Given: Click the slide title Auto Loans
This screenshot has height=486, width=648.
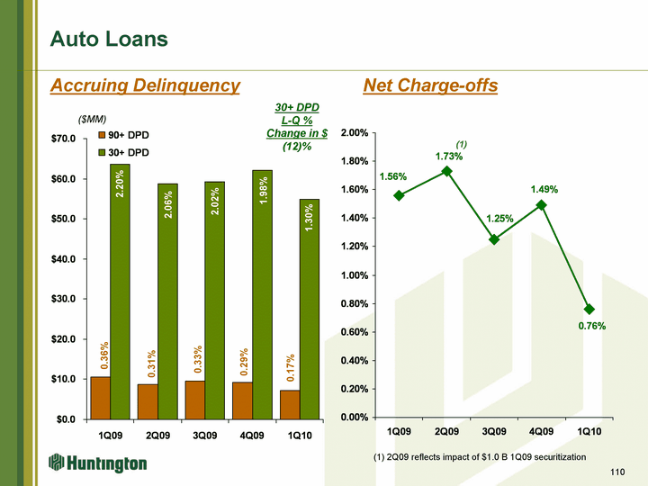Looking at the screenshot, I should point(109,39).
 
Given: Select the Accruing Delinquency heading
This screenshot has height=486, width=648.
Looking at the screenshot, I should point(146,85).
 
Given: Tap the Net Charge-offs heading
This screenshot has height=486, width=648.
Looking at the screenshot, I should point(430,85).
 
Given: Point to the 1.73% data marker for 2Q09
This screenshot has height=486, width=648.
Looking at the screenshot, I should point(446,171).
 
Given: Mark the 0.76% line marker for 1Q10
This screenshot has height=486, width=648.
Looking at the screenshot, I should point(589,309).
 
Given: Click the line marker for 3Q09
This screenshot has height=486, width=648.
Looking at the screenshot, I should point(494,239).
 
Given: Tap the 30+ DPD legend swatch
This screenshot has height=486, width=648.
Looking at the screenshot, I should point(103,154).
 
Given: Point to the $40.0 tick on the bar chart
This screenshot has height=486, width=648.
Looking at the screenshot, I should point(67,259).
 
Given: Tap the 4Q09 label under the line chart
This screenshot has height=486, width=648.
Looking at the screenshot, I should point(542,433).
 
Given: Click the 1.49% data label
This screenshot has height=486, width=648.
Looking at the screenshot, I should point(544,190).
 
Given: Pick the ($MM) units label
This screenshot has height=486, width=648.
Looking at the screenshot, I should point(94,118).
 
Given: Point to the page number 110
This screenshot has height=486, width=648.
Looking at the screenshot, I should point(618,472).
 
